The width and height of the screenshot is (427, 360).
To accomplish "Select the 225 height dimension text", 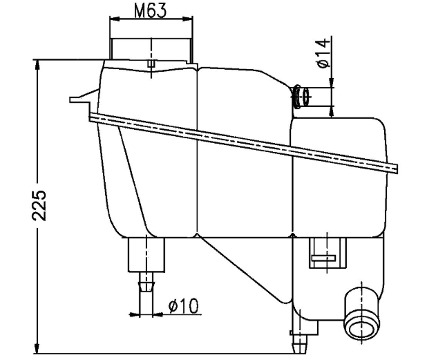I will coord(41,205).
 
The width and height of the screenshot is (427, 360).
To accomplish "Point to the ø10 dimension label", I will coord(184,305).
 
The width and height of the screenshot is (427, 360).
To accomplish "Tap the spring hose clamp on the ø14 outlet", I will coord(298,96).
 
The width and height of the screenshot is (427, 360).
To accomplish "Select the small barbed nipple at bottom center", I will coord(300,339).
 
